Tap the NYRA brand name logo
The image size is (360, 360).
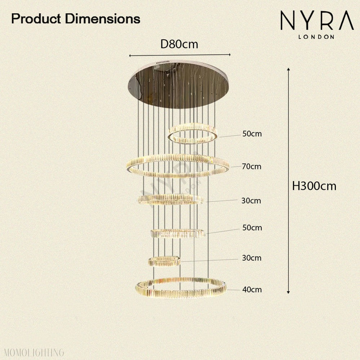click(x=317, y=21)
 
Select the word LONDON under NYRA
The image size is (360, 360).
click(x=317, y=36)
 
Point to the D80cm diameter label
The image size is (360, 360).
click(x=179, y=44)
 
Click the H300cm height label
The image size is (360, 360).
click(x=314, y=186)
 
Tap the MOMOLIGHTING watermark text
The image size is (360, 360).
click(x=32, y=352)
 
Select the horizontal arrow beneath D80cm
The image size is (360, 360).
click(x=179, y=55)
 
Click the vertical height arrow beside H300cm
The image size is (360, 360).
click(x=289, y=180)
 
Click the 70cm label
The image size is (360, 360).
click(x=252, y=166)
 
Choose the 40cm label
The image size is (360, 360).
click(x=252, y=289)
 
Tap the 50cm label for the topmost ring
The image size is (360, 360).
click(x=252, y=134)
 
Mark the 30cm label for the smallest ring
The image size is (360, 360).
click(x=251, y=258)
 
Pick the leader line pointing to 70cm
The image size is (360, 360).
click(x=235, y=167)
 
